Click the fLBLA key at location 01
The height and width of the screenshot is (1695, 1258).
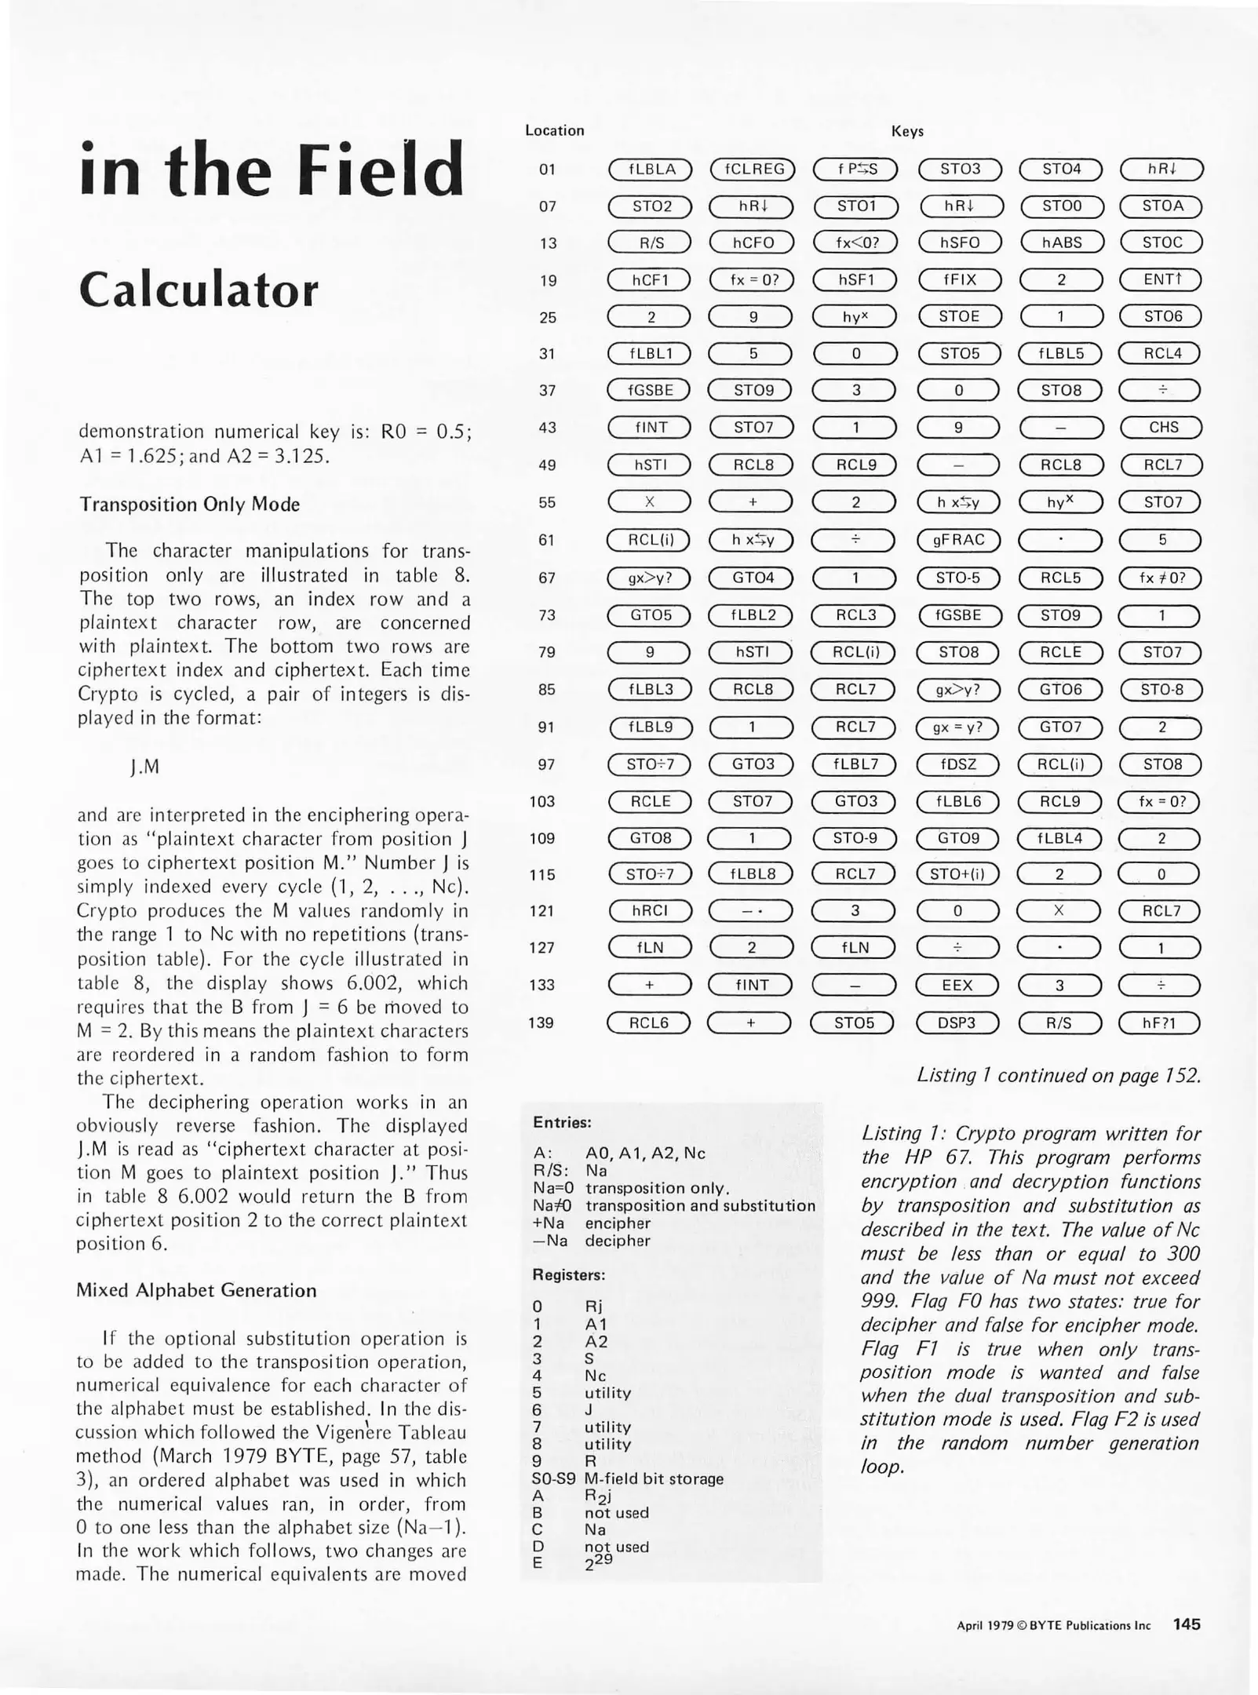[651, 169]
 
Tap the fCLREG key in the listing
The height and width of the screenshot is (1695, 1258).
[753, 169]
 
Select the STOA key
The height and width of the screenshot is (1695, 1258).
[1161, 206]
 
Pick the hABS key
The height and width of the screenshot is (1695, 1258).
[1061, 243]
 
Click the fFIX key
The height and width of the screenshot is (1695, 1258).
[959, 280]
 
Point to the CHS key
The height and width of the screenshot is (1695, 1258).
[1162, 428]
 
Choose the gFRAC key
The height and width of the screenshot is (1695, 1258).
[958, 540]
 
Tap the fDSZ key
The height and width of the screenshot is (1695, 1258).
[957, 764]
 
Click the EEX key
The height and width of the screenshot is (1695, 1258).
[957, 986]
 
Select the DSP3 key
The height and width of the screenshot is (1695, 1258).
[957, 1023]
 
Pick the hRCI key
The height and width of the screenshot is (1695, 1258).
[651, 911]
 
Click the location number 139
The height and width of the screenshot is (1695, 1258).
[542, 1023]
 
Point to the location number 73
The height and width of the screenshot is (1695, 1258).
[547, 615]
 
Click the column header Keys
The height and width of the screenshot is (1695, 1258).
[907, 132]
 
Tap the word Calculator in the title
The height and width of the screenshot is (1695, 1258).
[199, 290]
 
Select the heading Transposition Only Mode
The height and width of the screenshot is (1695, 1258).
[189, 505]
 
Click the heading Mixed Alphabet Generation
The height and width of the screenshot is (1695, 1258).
[196, 1291]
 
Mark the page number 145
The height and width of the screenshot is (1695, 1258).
[1187, 1624]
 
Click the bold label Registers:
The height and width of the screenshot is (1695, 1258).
[569, 1275]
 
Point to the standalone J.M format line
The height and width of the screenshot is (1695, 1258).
[145, 767]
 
